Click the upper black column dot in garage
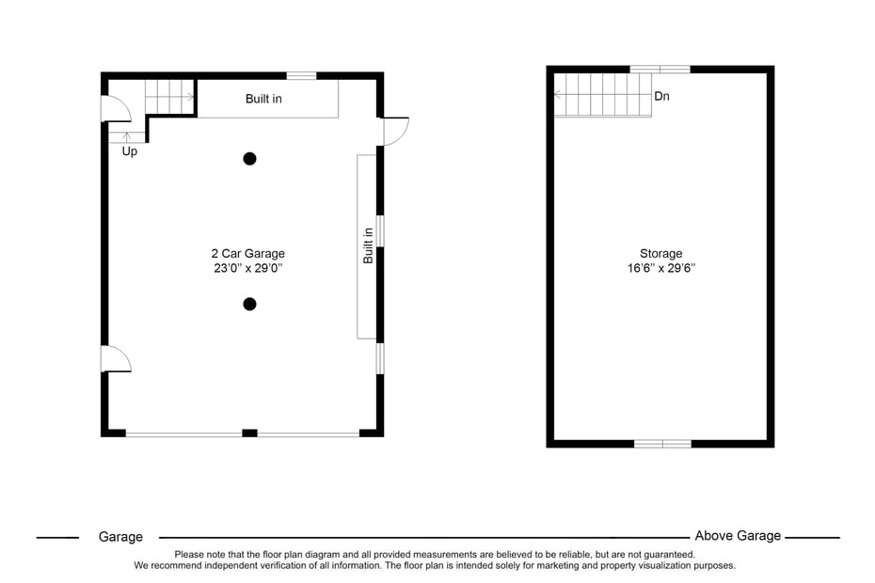point(249,159)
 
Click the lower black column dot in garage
point(249,304)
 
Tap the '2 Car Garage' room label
point(247,253)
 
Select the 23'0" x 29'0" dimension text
point(247,268)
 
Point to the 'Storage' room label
point(660,253)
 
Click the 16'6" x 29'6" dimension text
point(660,268)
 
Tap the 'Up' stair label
point(130,151)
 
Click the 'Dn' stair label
point(661,96)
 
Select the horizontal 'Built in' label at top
point(263,99)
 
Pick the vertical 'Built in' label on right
point(368,245)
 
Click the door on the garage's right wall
point(394,132)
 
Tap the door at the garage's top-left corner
point(115,109)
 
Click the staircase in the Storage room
point(603,95)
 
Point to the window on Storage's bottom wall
point(662,443)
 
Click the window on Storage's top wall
point(660,70)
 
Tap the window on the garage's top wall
point(301,75)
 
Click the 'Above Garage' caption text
point(738,536)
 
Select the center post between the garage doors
point(249,433)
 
